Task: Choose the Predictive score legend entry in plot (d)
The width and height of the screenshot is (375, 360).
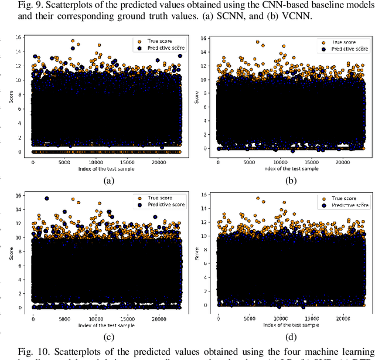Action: pyautogui.click(x=342, y=205)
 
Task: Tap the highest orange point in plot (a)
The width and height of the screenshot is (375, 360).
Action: pyautogui.click(x=73, y=41)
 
